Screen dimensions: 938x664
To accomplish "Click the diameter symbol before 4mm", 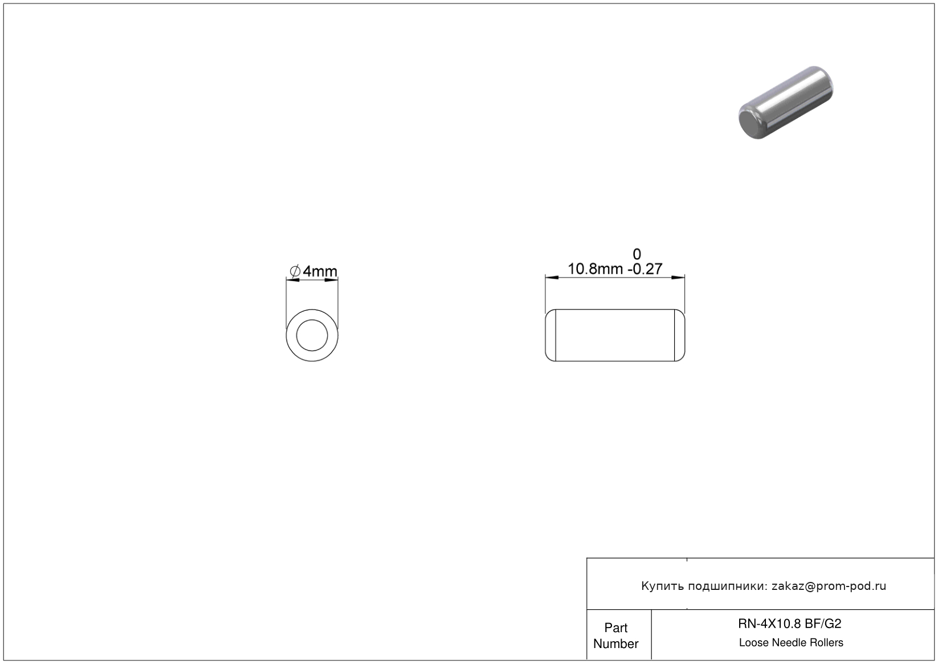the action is [x=295, y=271].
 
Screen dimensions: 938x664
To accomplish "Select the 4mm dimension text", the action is [x=320, y=271].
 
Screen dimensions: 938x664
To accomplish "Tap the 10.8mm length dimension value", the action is [x=595, y=269].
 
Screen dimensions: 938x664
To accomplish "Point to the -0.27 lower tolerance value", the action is [x=645, y=269].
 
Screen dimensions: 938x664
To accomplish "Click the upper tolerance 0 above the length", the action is [x=637, y=254].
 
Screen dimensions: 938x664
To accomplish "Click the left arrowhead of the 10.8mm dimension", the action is [x=552, y=278].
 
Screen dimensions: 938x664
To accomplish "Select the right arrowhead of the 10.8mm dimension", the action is [x=678, y=278].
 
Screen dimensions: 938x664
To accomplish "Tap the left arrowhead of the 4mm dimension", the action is [x=293, y=280].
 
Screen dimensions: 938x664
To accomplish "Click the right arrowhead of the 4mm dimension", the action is [x=331, y=280].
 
